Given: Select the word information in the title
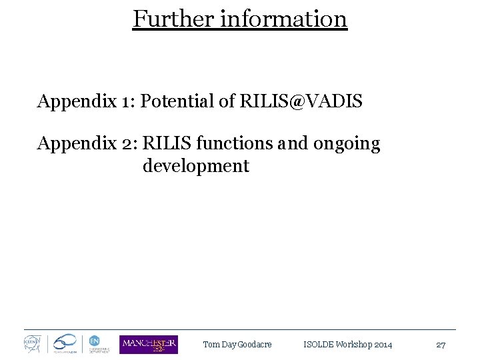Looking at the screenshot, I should click(283, 19).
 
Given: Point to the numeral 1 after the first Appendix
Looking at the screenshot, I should click(125, 101).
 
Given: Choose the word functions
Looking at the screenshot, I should click(234, 143).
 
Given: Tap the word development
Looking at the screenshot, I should click(195, 166).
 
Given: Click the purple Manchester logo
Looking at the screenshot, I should click(149, 344).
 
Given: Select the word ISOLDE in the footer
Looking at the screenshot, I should click(318, 345).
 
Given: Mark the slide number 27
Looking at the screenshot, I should click(441, 345).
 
